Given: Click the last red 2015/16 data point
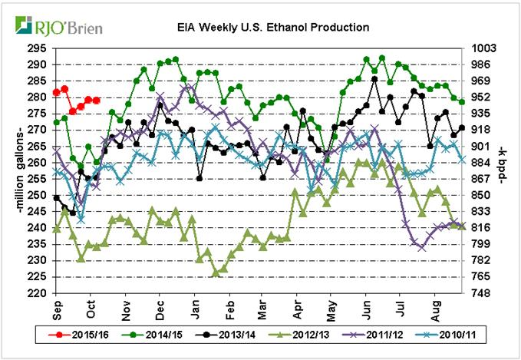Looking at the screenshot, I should click(x=96, y=100).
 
